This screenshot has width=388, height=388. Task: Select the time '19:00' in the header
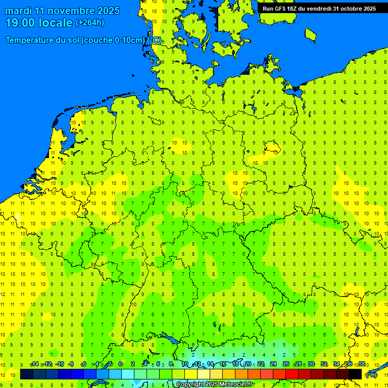coord(21,23)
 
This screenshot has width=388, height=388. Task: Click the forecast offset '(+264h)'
coord(90,23)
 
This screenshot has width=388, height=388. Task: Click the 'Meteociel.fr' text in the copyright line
coord(234,384)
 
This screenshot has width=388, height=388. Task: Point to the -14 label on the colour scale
coord(34,364)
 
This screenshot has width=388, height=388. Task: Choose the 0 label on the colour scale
coord(120,364)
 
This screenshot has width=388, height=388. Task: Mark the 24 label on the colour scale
coord(273,364)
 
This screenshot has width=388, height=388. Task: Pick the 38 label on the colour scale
coord(362,364)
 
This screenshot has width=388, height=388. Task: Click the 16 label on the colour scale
coord(222,364)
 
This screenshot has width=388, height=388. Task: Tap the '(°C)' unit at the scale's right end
coord(371,375)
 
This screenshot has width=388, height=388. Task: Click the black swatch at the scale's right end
coord(355,374)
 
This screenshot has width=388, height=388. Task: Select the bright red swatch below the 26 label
coord(292,374)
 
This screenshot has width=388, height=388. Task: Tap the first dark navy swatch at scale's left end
coord(27,374)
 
